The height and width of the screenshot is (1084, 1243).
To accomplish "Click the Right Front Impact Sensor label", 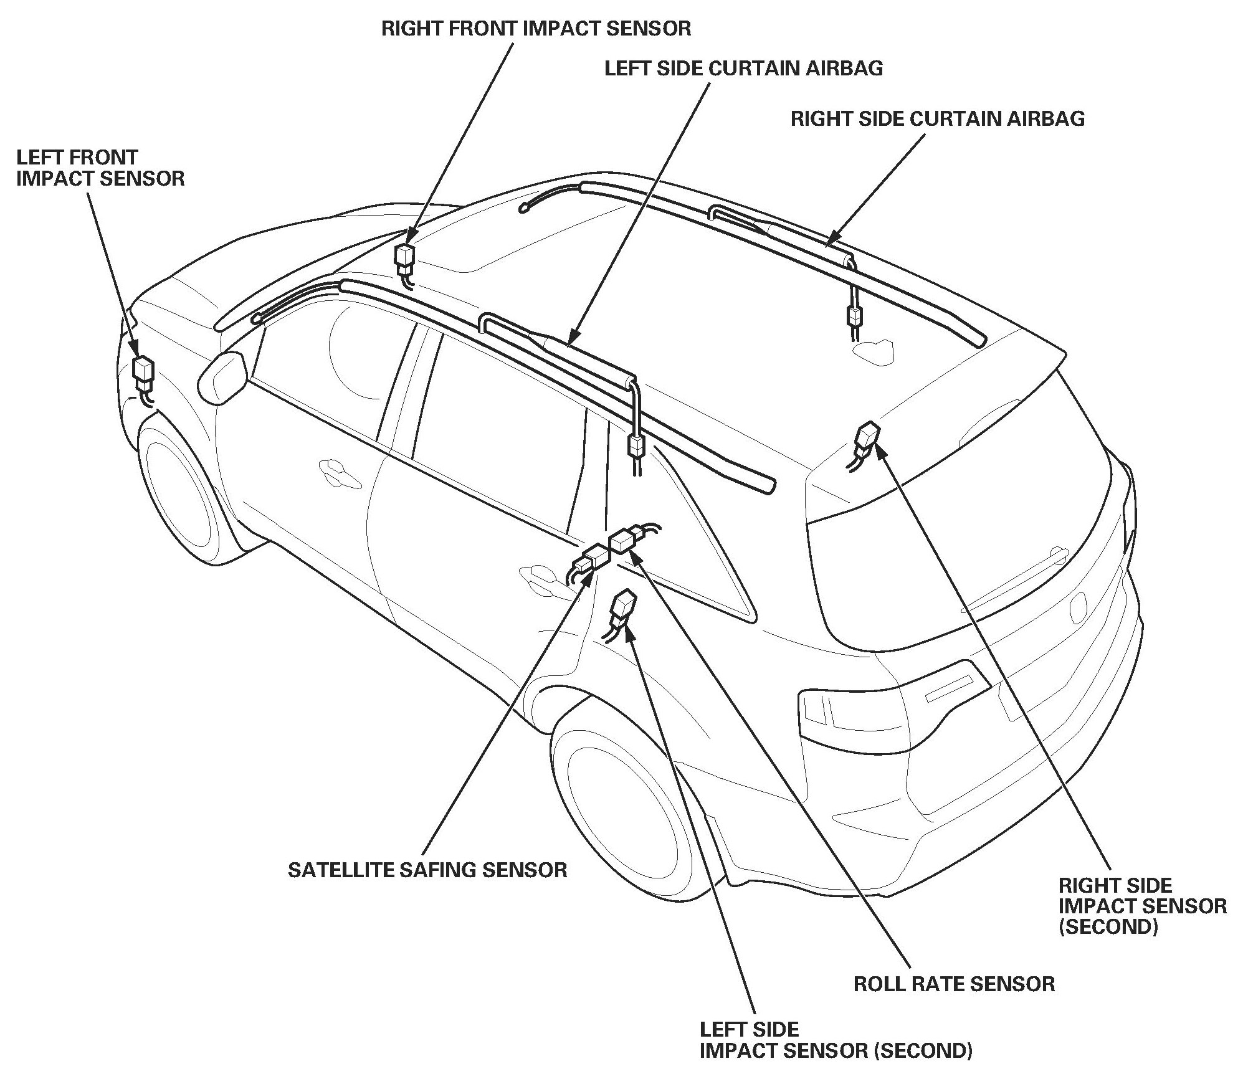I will coord(536,29).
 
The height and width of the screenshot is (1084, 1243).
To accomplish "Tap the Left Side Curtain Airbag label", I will coord(743,68).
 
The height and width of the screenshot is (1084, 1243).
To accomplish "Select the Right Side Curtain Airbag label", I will coord(938,118).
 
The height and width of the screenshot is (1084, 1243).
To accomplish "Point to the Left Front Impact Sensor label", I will coord(100,168).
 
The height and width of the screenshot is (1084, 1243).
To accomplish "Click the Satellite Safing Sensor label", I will coord(427,869).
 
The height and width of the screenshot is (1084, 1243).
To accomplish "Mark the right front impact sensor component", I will coord(406,257).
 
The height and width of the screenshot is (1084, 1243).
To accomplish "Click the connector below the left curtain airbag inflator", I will coord(636,445).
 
